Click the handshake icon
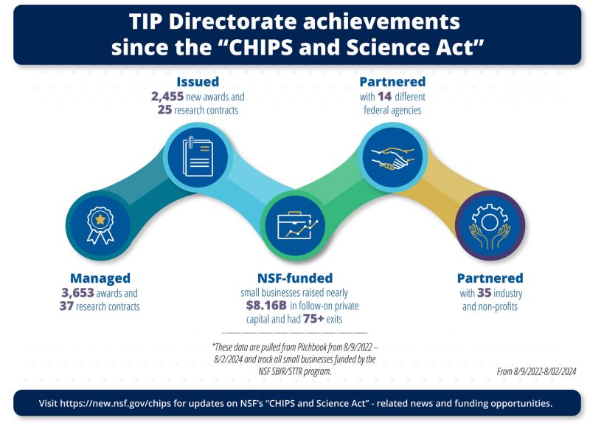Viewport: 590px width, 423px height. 392,156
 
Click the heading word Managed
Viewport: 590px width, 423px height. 100,278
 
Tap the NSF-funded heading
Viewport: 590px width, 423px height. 294,278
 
